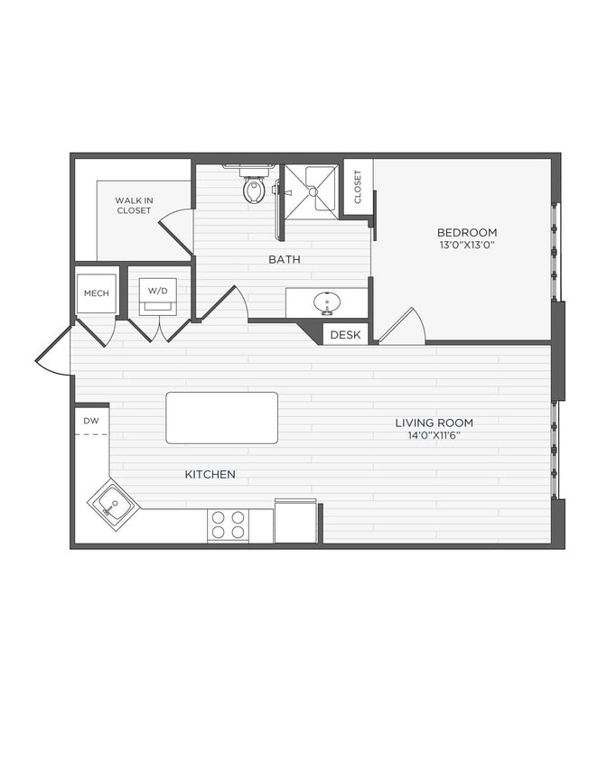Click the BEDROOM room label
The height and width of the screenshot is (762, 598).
(x=467, y=232)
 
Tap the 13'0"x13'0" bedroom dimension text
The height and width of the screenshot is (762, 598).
(x=467, y=245)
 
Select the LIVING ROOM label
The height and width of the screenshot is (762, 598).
(x=434, y=423)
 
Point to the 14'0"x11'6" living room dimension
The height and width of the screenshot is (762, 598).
(x=434, y=435)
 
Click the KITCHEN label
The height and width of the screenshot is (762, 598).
(x=210, y=474)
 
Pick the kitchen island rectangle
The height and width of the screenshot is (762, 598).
(x=221, y=417)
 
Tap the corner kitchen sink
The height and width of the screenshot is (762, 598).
(x=113, y=504)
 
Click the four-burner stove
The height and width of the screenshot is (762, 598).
(x=228, y=525)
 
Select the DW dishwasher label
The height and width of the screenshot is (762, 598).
(x=91, y=421)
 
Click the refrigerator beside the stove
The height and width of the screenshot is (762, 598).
(x=295, y=521)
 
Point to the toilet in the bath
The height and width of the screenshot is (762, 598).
(x=254, y=188)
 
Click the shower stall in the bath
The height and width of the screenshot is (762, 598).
(x=312, y=190)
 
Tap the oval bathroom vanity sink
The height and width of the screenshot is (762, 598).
(x=326, y=302)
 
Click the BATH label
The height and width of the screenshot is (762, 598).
(x=284, y=259)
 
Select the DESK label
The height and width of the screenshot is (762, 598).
(x=345, y=335)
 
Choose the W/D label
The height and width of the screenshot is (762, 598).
(x=158, y=292)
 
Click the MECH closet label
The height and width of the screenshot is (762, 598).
(x=96, y=293)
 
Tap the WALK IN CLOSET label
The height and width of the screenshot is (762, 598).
(x=133, y=205)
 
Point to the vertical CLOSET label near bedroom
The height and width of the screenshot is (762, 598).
(x=358, y=187)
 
